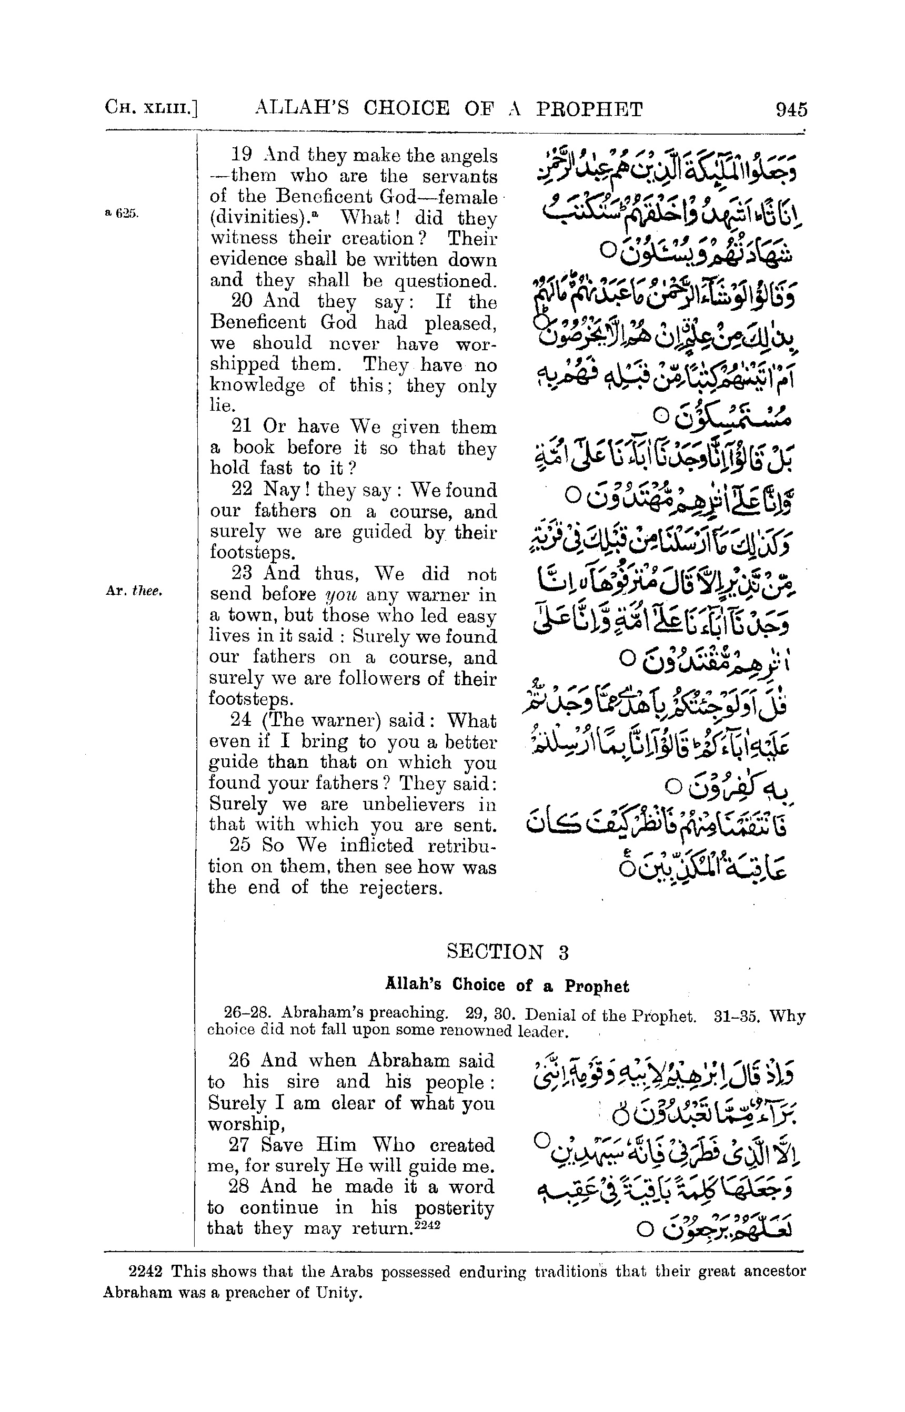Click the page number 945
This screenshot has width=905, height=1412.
click(791, 110)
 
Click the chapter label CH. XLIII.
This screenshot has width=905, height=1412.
click(150, 109)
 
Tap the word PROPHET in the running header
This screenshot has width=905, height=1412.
click(589, 109)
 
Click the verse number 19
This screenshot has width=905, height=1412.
click(242, 155)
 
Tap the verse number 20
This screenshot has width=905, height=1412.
click(242, 301)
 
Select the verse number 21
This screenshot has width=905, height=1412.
click(242, 426)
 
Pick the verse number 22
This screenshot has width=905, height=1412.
click(242, 489)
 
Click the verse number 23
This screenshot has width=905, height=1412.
click(242, 573)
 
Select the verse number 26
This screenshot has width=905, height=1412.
click(238, 1060)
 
